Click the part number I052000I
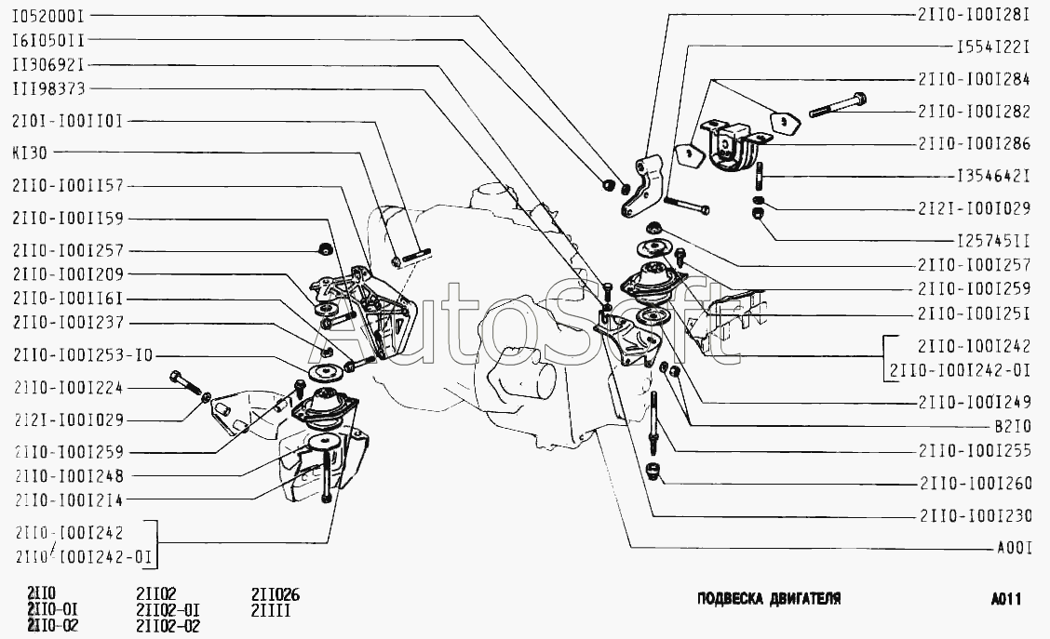pyautogui.click(x=49, y=17)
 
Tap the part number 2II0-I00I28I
pyautogui.click(x=973, y=16)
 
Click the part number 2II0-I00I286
pyautogui.click(x=973, y=144)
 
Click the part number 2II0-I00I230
pyautogui.click(x=973, y=515)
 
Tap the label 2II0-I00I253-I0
pyautogui.click(x=83, y=356)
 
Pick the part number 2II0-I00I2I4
pyautogui.click(x=69, y=499)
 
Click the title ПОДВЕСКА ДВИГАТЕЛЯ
pyautogui.click(x=769, y=598)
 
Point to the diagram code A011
pyautogui.click(x=1007, y=600)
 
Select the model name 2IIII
pyautogui.click(x=272, y=610)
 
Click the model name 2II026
pyautogui.click(x=276, y=594)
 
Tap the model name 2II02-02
pyautogui.click(x=168, y=625)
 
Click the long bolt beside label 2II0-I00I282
pyautogui.click(x=838, y=104)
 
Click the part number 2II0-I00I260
pyautogui.click(x=973, y=484)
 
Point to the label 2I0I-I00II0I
pyautogui.click(x=69, y=120)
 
